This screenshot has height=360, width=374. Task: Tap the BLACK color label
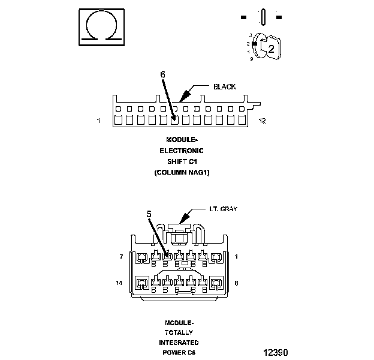tap(224, 86)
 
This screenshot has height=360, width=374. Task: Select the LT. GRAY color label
tap(223, 209)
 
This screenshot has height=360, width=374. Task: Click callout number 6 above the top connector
tap(162, 74)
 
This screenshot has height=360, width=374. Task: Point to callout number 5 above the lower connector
tap(150, 213)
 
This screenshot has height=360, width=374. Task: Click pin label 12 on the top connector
tap(262, 121)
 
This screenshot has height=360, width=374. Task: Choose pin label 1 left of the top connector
tap(98, 121)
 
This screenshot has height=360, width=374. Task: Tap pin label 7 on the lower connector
tap(122, 257)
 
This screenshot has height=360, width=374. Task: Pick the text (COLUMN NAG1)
tap(185, 172)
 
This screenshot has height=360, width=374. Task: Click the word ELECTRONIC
tap(185, 151)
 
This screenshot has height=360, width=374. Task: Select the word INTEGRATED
tap(178, 343)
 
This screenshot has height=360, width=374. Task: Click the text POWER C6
tap(179, 353)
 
